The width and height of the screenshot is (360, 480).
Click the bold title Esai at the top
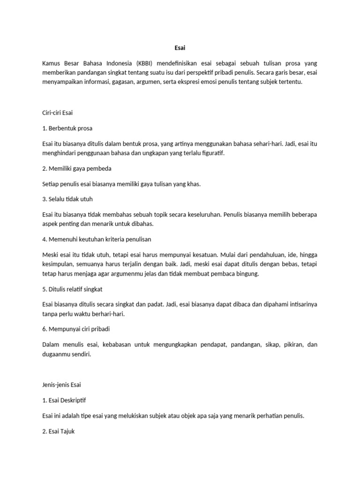[x=180, y=47]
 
